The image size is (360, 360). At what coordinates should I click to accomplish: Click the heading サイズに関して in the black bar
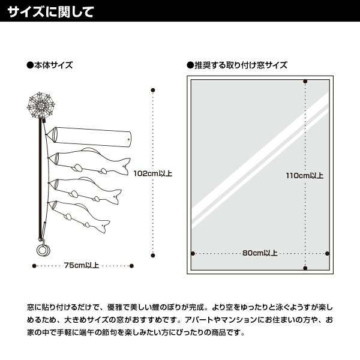pyautogui.click(x=50, y=11)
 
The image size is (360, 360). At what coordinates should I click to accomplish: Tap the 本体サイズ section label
pyautogui.click(x=53, y=65)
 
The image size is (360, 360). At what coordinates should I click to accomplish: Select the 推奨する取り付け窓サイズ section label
pyautogui.click(x=240, y=65)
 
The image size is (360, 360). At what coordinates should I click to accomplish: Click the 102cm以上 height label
pyautogui.click(x=152, y=173)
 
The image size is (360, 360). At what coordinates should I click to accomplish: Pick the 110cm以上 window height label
pyautogui.click(x=304, y=176)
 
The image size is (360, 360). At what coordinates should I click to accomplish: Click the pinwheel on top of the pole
pyautogui.click(x=41, y=104)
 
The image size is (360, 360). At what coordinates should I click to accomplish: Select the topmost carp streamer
pyautogui.click(x=90, y=161)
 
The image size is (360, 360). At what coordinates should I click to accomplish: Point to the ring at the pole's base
pyautogui.click(x=43, y=248)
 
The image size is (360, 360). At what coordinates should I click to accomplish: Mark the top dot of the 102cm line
pyautogui.click(x=152, y=91)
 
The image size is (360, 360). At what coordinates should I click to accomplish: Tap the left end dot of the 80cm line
pyautogui.click(x=193, y=253)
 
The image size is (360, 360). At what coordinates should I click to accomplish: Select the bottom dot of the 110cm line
pyautogui.click(x=305, y=268)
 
